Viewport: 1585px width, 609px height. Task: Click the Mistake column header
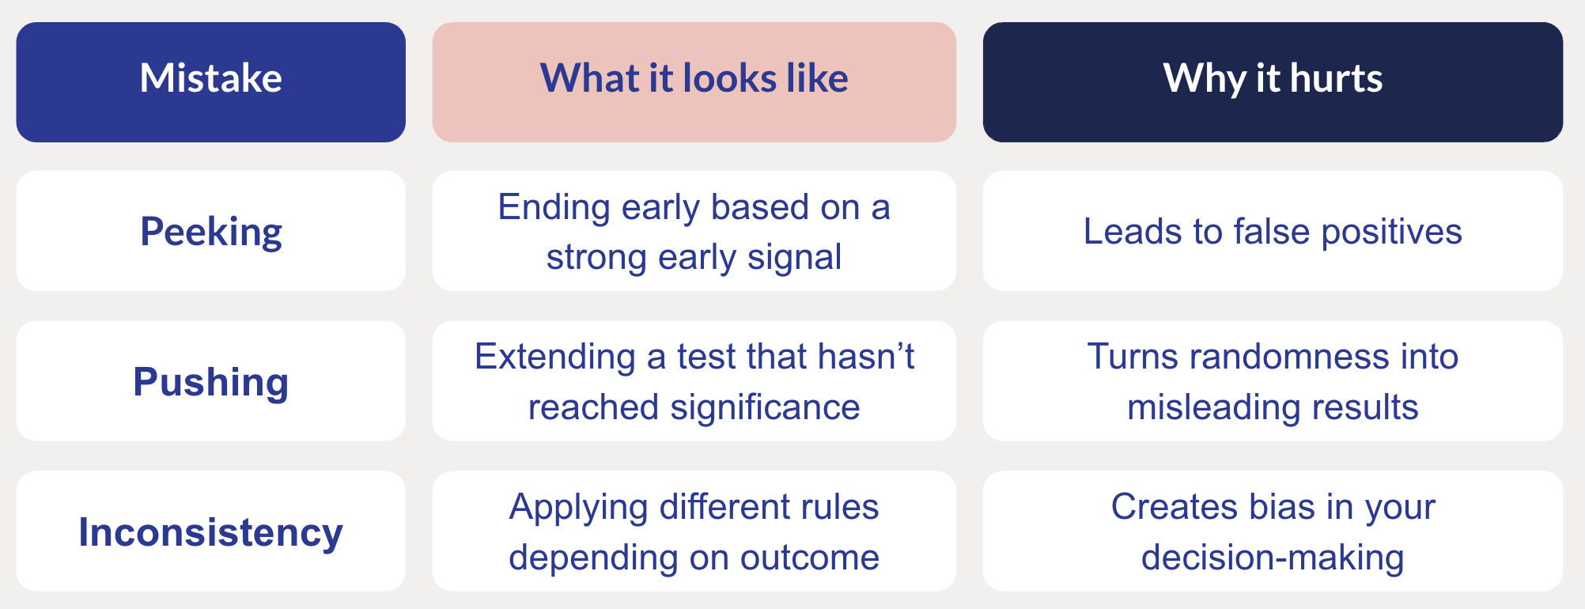click(210, 79)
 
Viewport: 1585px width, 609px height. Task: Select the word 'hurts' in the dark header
click(1336, 79)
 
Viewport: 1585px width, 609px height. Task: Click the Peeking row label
click(210, 232)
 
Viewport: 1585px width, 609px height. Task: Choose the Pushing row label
click(210, 382)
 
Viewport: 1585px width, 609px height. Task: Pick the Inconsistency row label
click(210, 532)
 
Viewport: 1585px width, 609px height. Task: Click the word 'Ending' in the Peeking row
click(554, 208)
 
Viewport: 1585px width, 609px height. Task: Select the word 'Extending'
click(554, 357)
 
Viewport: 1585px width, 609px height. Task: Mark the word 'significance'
click(765, 408)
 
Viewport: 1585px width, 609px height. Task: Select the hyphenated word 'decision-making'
click(1272, 558)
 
